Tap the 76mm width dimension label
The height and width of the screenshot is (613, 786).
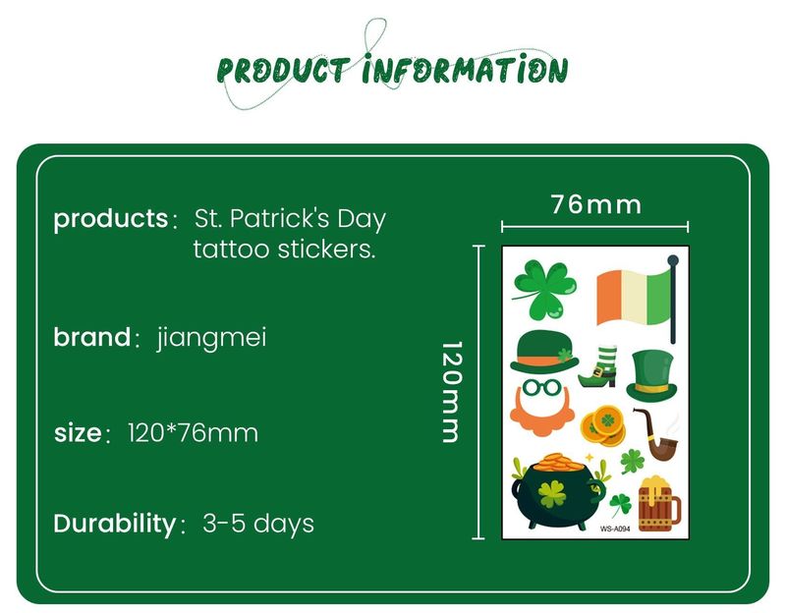point(595,204)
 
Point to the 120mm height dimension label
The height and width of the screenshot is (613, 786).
point(451,392)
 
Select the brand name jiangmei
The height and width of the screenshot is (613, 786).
point(211,338)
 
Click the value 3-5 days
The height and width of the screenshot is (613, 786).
point(258,523)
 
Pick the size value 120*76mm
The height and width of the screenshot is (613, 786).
point(193,432)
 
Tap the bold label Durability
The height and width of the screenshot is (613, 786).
point(113,523)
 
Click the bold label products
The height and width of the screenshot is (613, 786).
point(110,218)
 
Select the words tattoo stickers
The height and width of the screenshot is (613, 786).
point(284,250)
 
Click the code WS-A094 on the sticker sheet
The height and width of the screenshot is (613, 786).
point(614,529)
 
